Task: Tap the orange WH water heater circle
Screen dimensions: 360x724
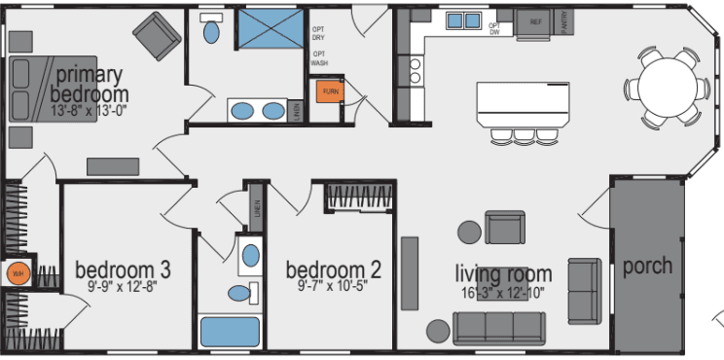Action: pos(17,273)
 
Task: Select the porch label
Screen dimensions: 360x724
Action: pos(647,266)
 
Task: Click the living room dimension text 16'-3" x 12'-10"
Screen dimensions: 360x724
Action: pos(505,293)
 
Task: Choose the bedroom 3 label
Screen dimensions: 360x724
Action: pos(124,270)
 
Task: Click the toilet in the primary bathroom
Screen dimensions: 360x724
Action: pos(210,29)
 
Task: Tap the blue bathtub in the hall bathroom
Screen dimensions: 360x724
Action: pos(230,332)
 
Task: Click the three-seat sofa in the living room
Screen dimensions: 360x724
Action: pos(499,326)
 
